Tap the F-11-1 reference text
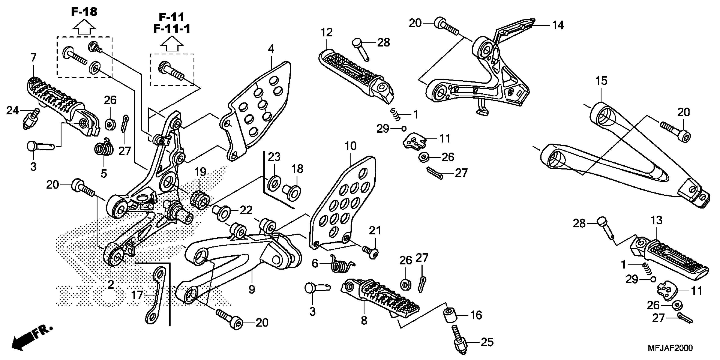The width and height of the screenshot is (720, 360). [172, 29]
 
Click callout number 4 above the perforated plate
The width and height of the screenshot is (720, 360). [271, 49]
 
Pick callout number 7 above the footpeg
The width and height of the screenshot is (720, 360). [33, 58]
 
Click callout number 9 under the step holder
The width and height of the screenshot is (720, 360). [252, 289]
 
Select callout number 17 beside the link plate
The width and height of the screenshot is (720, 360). [137, 295]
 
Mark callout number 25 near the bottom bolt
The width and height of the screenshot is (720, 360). [487, 342]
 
